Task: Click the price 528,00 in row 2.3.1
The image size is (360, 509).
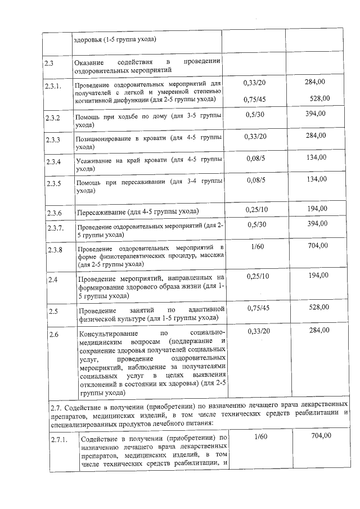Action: pos(318,98)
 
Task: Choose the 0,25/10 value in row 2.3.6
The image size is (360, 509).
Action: pos(257,209)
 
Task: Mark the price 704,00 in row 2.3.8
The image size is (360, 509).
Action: pos(316,245)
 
